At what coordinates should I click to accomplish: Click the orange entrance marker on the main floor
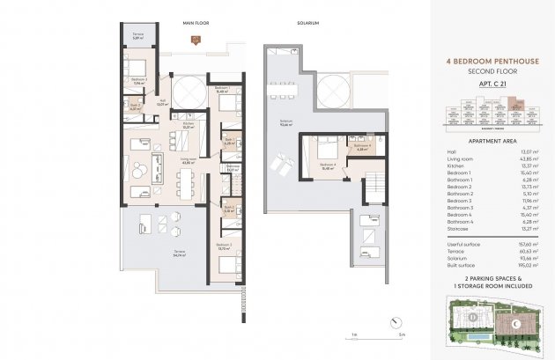coord(195,37)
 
